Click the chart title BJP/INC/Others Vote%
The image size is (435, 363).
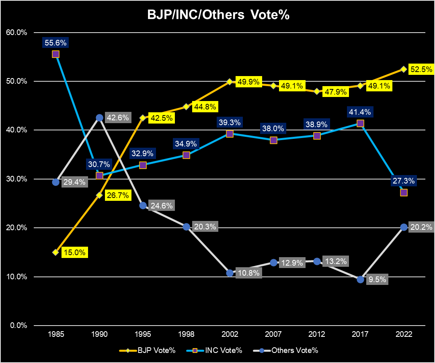click(217, 15)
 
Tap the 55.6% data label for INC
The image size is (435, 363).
click(56, 43)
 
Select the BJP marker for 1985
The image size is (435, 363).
click(56, 252)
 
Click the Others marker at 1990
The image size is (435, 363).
click(99, 118)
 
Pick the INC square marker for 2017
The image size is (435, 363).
click(360, 124)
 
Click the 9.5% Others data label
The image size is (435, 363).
click(377, 280)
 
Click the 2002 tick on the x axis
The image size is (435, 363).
click(230, 334)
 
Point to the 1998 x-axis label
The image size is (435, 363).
click(186, 334)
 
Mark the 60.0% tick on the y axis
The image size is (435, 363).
click(16, 33)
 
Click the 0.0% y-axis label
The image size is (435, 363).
click(18, 326)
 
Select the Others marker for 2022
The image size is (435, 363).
click(404, 227)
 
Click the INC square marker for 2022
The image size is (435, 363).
click(404, 192)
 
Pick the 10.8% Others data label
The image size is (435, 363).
click(250, 273)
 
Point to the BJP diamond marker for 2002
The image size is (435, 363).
click(230, 82)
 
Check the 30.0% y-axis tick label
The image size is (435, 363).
click(16, 179)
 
